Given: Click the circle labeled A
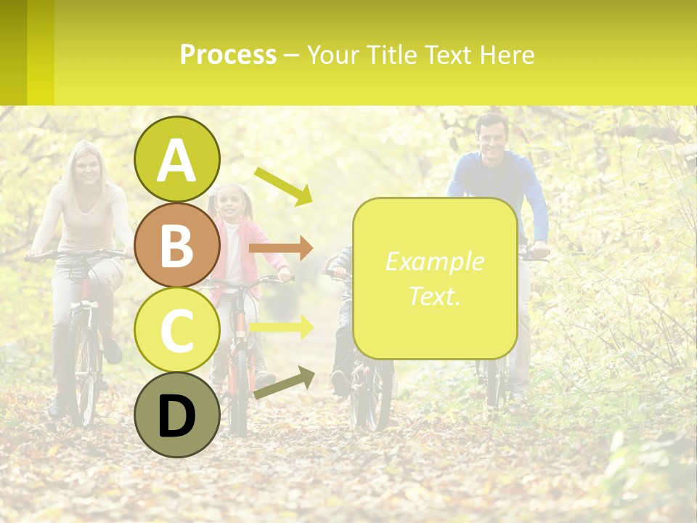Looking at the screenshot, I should click(177, 159).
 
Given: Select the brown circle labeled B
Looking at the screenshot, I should click(177, 245).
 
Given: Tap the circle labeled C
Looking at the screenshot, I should click(177, 330).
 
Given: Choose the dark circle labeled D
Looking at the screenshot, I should click(177, 415).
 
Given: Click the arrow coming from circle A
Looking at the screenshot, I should click(283, 186).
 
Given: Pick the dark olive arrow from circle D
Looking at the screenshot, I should click(284, 383).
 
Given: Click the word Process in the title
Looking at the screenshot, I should click(228, 54).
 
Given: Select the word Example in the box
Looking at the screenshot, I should click(434, 261).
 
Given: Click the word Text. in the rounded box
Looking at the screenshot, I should click(434, 295).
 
